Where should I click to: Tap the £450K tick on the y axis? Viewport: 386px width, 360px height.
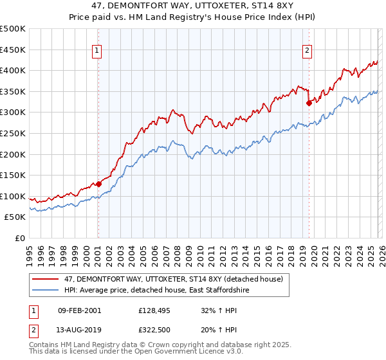coord(13,50)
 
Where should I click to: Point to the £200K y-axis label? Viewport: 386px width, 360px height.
coord(13,154)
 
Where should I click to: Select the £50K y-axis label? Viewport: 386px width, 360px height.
coord(15,217)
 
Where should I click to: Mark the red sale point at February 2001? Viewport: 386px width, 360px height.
coord(98,184)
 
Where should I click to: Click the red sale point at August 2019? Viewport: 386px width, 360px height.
coord(309,102)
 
